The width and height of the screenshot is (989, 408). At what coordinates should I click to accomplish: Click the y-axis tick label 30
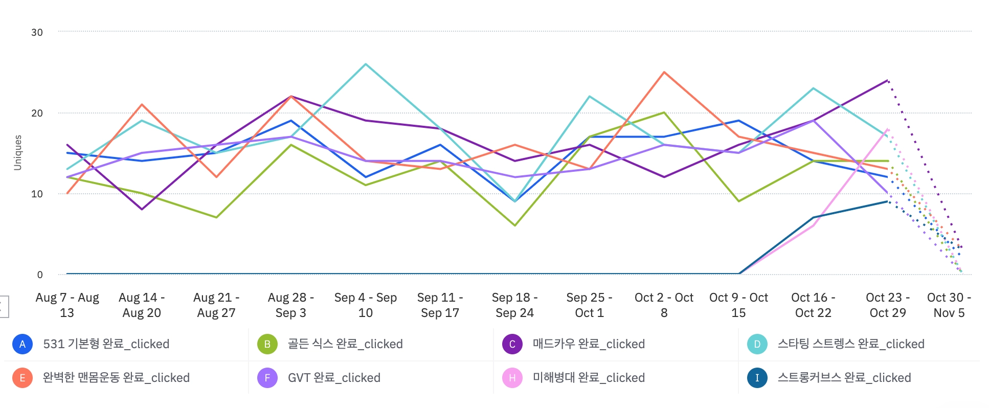tap(37, 32)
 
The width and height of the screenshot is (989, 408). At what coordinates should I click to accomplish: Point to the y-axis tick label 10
tap(37, 194)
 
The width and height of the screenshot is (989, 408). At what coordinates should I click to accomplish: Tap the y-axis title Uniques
tap(18, 152)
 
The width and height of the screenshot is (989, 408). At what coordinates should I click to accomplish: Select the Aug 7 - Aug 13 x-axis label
tap(67, 305)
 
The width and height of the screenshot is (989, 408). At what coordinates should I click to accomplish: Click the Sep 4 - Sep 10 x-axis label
tap(365, 305)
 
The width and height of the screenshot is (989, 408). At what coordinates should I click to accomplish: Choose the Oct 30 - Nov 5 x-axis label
tap(949, 305)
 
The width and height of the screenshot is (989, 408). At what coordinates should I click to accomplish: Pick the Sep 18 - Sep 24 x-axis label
tap(514, 305)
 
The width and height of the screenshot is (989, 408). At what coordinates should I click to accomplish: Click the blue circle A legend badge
tap(23, 344)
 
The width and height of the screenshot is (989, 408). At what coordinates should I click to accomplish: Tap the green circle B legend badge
tap(267, 344)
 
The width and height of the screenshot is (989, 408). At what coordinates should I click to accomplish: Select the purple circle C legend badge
tap(512, 344)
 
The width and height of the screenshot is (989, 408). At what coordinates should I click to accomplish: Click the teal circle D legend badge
tap(757, 344)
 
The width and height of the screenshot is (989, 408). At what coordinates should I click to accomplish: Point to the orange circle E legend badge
tap(23, 378)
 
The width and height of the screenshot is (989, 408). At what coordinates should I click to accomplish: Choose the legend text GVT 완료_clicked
tap(334, 378)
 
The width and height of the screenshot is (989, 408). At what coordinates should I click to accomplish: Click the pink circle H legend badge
tap(512, 378)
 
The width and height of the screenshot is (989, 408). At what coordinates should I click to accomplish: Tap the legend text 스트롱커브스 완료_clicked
tap(844, 378)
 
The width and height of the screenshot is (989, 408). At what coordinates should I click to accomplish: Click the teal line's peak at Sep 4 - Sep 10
tap(365, 64)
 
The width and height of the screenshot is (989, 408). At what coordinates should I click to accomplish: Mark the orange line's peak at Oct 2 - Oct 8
tap(664, 73)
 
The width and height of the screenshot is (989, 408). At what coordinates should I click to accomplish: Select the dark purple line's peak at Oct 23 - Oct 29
tap(888, 80)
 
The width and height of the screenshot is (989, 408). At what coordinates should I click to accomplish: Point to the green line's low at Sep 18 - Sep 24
tap(514, 225)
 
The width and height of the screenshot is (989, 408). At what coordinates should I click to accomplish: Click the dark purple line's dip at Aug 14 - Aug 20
tap(142, 209)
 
